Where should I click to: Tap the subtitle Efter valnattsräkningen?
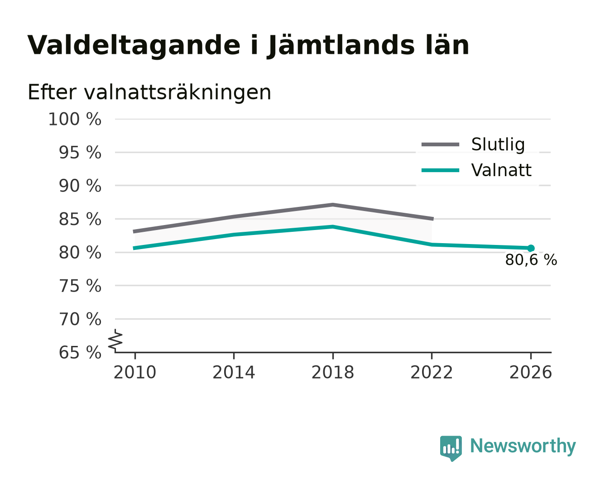point(149,92)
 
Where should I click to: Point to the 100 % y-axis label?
point(75,119)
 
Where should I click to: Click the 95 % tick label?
point(80,153)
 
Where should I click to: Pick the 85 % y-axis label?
point(80,220)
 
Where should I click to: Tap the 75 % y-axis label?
point(80,286)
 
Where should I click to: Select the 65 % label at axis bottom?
point(80,353)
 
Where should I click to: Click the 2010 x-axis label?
point(135,373)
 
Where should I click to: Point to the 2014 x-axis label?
point(234,373)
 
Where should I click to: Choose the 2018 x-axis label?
point(332,373)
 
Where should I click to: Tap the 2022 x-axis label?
point(432,373)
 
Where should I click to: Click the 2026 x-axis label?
point(530,373)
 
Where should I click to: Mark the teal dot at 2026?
point(531,248)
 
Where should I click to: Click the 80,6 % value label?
point(531,260)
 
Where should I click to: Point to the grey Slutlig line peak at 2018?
point(332,205)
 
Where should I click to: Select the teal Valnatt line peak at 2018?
point(332,226)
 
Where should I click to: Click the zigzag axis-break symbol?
point(115,341)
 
